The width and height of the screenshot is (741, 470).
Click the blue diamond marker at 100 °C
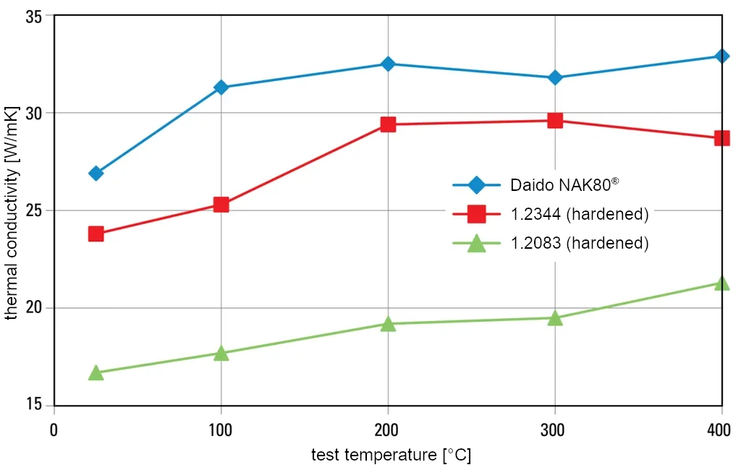tap(221, 87)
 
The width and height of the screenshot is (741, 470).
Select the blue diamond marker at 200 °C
tap(388, 64)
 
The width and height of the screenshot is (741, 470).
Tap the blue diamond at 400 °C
tap(721, 56)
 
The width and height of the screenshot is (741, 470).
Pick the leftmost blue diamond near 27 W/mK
tap(96, 173)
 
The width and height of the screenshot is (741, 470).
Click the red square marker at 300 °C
tap(555, 121)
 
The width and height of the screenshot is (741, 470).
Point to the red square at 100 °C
tap(221, 205)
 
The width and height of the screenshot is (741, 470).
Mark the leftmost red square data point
tap(96, 234)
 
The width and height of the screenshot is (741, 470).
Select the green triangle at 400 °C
tap(721, 283)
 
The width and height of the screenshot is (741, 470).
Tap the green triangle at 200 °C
tap(388, 323)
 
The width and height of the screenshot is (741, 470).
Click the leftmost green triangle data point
tap(96, 372)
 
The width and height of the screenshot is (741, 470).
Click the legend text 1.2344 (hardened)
tap(579, 214)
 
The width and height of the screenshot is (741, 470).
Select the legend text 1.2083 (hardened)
tap(579, 243)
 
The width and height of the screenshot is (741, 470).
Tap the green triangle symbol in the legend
tap(476, 244)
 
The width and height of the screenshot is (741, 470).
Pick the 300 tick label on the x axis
tap(555, 430)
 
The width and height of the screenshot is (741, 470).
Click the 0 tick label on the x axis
tap(54, 430)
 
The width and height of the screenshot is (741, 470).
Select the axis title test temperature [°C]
tap(391, 456)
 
